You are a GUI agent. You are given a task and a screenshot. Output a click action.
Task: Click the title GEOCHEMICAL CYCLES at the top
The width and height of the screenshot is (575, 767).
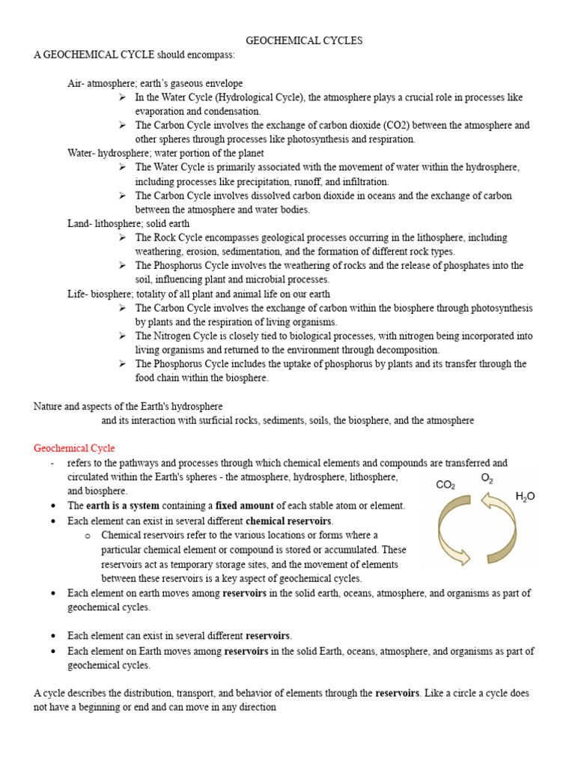click(x=304, y=41)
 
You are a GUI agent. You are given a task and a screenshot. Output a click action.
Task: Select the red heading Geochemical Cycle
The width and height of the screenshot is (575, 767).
click(x=74, y=448)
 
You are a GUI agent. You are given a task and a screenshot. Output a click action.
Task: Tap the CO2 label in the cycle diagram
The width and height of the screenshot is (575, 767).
click(x=445, y=485)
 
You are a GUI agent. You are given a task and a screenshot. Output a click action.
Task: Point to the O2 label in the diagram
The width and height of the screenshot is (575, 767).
click(x=487, y=478)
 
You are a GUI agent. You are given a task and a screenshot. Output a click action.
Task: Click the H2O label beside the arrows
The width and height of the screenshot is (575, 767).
click(x=526, y=496)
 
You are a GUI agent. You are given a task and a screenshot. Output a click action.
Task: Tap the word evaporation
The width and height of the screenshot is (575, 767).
click(x=161, y=111)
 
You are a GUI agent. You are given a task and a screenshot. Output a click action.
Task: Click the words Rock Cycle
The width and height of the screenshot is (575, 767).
click(x=179, y=237)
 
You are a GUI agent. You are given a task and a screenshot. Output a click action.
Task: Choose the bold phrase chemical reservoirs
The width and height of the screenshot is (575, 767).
click(x=288, y=520)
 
